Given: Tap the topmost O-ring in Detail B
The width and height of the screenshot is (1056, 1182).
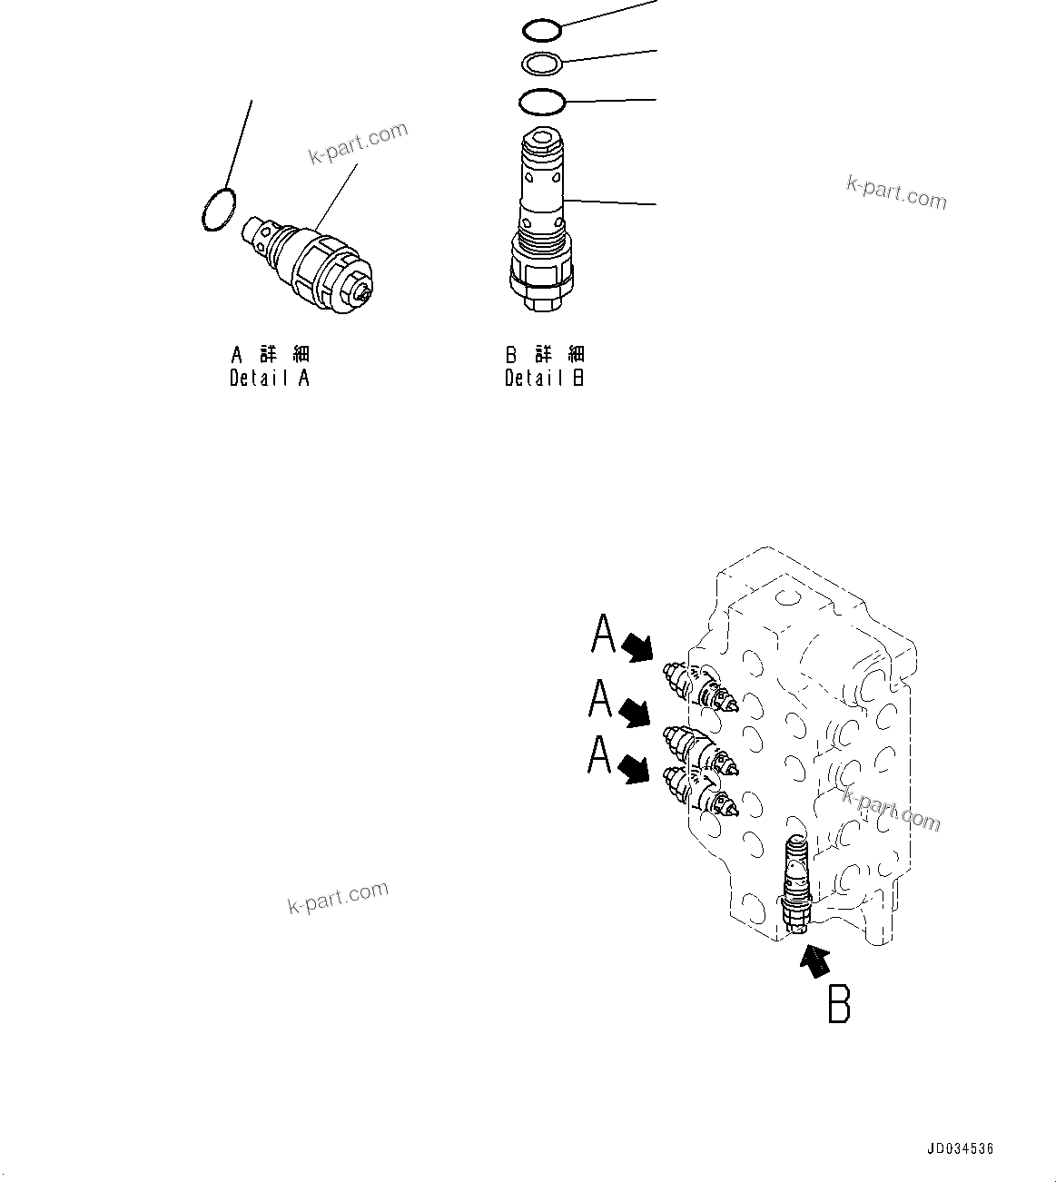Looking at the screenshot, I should [x=542, y=30].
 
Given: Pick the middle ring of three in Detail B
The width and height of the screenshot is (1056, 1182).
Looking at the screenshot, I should [x=543, y=64].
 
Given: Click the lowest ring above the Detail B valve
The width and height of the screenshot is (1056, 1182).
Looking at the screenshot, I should [x=542, y=101].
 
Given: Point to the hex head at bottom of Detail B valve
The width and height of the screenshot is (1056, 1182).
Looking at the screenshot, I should [x=540, y=305].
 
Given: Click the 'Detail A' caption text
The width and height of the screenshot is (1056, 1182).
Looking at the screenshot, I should [x=270, y=378].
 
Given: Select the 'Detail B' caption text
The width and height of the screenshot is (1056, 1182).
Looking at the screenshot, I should [x=544, y=378].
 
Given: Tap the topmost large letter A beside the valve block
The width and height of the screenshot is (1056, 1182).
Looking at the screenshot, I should [x=603, y=634].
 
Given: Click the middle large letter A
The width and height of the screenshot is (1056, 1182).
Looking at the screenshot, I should [x=600, y=698].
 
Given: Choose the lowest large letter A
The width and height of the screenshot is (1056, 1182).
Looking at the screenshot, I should [x=599, y=754].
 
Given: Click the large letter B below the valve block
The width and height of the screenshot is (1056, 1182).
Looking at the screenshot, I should [x=839, y=1004].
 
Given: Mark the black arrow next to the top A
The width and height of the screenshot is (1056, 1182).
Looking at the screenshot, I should [x=637, y=645].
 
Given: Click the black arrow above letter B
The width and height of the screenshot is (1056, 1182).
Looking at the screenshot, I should [x=815, y=960].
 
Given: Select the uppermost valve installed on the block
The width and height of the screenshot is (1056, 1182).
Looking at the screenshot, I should [x=701, y=685].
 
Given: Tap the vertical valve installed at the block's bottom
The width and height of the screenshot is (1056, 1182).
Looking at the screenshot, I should [x=794, y=885].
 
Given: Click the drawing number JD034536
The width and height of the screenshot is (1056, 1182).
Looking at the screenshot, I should [x=960, y=1148].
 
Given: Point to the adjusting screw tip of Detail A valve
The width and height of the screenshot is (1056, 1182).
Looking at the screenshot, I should [x=364, y=292].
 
